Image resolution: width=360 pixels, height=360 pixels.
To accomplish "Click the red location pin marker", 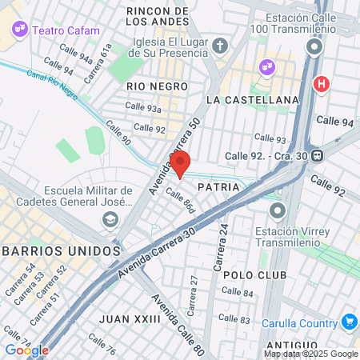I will pos(180,162).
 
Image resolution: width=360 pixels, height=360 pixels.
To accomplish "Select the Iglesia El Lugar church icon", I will pos(219,45).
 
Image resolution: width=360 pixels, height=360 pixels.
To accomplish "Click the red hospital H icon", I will pos(322,82).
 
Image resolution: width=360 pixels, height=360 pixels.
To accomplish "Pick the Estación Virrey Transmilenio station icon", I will pos(278,211).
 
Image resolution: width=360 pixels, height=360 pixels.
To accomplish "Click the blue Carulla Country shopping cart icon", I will pos(349,322).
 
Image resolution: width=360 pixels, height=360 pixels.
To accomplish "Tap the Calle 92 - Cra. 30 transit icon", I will pos(318,155).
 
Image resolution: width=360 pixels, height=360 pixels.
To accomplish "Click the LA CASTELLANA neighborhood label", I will pos(252,100).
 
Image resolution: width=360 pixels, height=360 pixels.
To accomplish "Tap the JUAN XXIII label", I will pos(130,318).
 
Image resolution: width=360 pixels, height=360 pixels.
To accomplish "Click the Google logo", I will pos(26,350).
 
